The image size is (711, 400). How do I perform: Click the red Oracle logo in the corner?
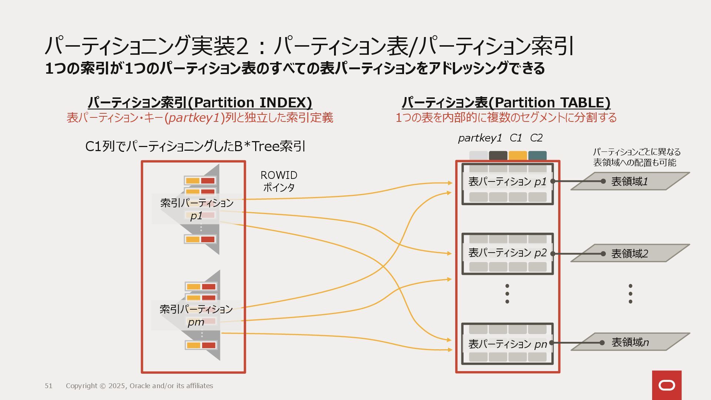[x=667, y=385]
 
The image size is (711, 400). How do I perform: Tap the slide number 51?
[x=49, y=386]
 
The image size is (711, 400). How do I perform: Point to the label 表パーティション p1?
[x=507, y=181]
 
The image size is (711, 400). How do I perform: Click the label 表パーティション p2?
[x=507, y=253]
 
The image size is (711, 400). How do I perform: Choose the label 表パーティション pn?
[x=507, y=344]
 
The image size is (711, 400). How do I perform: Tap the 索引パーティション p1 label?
[x=197, y=209]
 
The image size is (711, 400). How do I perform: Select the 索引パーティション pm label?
[x=196, y=315]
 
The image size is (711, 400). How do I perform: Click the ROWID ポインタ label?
[x=279, y=181]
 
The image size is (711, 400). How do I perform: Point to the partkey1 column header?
[x=480, y=138]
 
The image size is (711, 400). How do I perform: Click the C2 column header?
[x=536, y=138]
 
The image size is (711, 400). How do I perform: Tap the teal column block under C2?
[x=537, y=156]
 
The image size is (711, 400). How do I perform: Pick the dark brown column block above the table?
[x=498, y=156]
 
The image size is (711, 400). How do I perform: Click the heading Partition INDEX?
[x=200, y=102]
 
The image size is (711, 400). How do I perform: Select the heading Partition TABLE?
[x=506, y=102]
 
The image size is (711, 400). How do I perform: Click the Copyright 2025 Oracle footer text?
[x=139, y=386]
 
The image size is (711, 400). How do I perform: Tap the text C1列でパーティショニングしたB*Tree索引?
[x=195, y=147]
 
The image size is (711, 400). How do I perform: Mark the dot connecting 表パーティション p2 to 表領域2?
[x=553, y=254]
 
